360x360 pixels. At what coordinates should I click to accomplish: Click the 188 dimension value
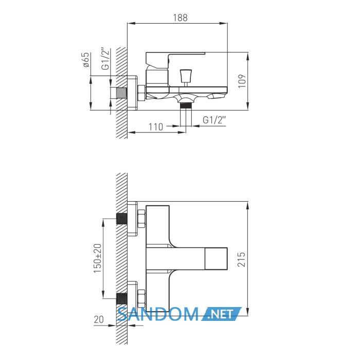click(180, 17)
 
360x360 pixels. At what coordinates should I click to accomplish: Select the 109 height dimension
click(242, 81)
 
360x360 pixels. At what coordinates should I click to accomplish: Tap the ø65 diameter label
click(85, 60)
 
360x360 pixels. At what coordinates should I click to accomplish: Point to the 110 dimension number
click(156, 127)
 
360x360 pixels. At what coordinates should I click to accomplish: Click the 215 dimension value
click(241, 259)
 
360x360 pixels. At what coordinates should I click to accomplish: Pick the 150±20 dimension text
click(98, 258)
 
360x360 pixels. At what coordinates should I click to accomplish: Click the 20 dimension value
click(99, 319)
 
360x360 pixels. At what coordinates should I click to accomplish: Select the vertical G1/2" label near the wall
click(105, 59)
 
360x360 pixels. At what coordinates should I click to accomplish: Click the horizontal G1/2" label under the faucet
click(214, 120)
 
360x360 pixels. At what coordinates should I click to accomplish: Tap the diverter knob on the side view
click(186, 76)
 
